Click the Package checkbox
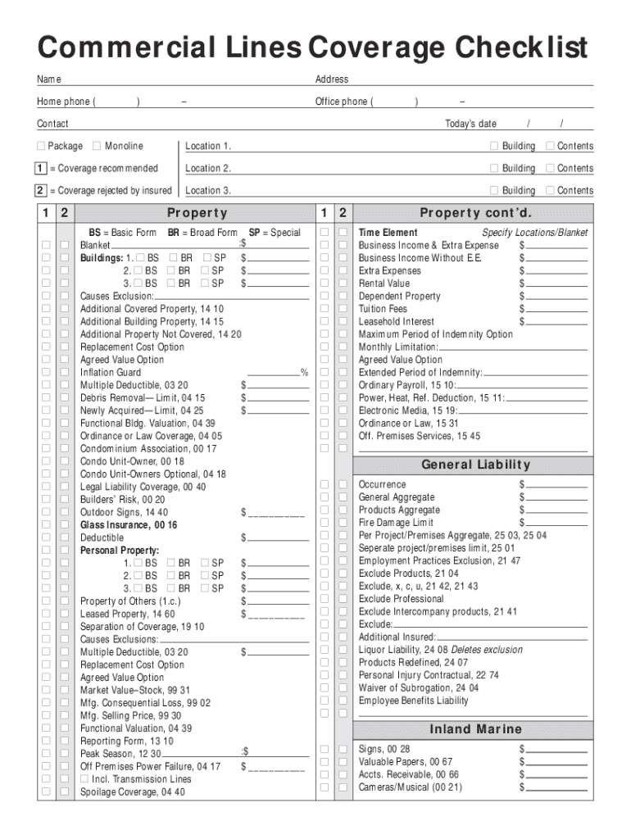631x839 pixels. pyautogui.click(x=41, y=146)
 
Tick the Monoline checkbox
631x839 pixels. pyautogui.click(x=97, y=146)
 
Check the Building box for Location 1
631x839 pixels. pyautogui.click(x=493, y=146)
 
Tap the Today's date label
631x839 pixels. pyautogui.click(x=470, y=124)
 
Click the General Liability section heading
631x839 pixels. pyautogui.click(x=475, y=465)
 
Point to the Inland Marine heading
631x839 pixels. pyautogui.click(x=475, y=729)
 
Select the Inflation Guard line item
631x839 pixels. pyautogui.click(x=110, y=373)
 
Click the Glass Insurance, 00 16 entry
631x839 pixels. pyautogui.click(x=128, y=525)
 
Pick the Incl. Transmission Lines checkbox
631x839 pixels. pyautogui.click(x=84, y=779)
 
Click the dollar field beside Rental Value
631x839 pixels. pyautogui.click(x=556, y=284)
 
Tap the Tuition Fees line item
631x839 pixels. pyautogui.click(x=383, y=310)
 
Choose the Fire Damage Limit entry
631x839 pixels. pyautogui.click(x=396, y=523)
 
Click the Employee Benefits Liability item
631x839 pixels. pyautogui.click(x=413, y=701)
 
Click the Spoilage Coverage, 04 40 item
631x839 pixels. pyautogui.click(x=132, y=792)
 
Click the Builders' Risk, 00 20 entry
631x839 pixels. pyautogui.click(x=122, y=500)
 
